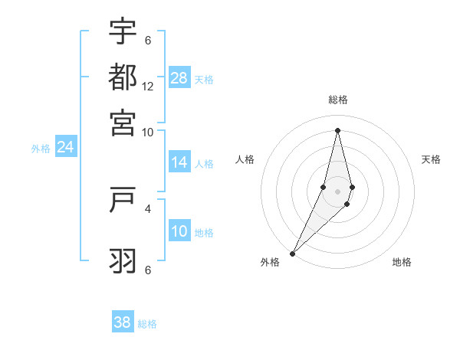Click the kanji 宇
tap(123, 32)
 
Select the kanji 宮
tap(123, 123)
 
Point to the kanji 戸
tap(123, 200)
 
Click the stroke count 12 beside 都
tap(148, 87)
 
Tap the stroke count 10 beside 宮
tap(148, 132)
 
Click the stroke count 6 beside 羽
tap(148, 270)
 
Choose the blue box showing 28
tap(179, 78)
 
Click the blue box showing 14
tap(179, 162)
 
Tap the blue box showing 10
tap(179, 231)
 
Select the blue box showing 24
tap(65, 147)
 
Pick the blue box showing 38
tap(123, 322)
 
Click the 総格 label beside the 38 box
tap(147, 324)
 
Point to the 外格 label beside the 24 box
tap(41, 149)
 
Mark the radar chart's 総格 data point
tap(337, 130)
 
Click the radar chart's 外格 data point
tap(293, 253)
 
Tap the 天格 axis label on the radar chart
tap(431, 159)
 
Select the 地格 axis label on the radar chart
tap(402, 262)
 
